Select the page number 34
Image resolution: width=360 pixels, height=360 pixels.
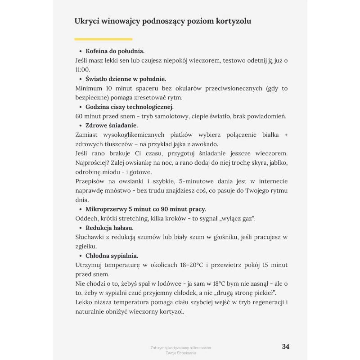[285, 346]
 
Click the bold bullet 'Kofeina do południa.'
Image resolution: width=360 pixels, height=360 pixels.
[115, 51]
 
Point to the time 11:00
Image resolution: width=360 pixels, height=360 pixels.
[82, 69]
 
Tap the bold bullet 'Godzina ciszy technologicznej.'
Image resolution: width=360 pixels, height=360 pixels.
[130, 107]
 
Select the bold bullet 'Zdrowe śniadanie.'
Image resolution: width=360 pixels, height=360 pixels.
[112, 125]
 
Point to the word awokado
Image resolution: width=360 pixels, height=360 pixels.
[206, 144]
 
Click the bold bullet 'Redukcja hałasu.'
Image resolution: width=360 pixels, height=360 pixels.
[109, 228]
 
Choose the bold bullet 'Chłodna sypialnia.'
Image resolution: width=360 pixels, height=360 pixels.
[112, 256]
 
